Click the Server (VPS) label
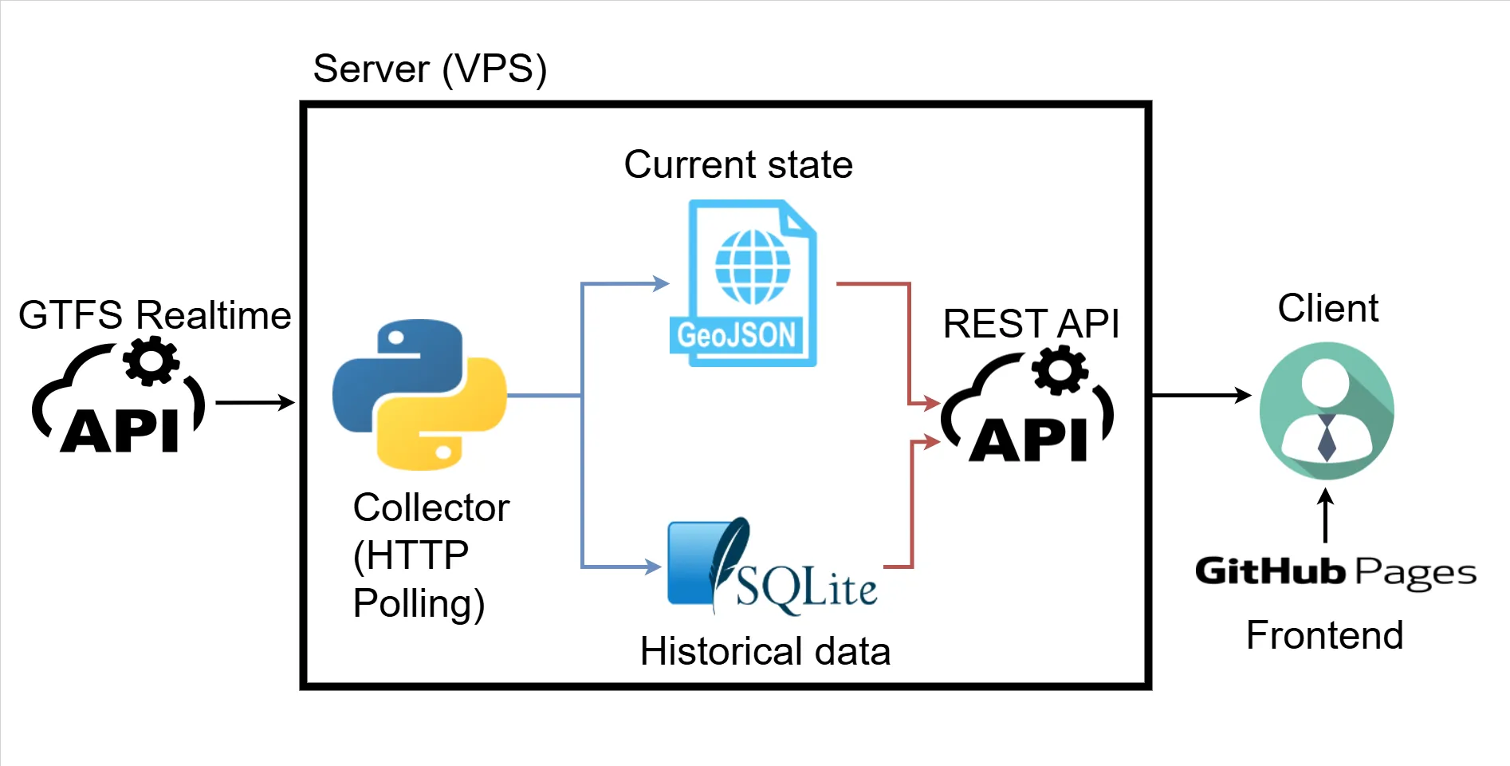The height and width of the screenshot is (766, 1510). pos(430,69)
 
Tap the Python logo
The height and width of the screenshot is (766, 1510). pos(419,394)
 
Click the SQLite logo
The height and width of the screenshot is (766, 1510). pos(772,567)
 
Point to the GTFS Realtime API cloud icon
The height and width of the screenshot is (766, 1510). pos(119,397)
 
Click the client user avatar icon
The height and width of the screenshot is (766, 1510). pos(1326,410)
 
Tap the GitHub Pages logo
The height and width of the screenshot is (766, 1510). pos(1335,572)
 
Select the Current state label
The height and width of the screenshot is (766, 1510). pos(738,164)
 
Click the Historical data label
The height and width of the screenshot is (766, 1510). pos(765,651)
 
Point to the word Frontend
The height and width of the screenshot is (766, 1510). pos(1324,635)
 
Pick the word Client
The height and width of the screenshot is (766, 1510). pos(1327,308)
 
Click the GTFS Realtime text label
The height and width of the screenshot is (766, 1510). pos(155,314)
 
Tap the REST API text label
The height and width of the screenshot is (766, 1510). pos(1031,323)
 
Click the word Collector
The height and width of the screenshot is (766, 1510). pos(431,507)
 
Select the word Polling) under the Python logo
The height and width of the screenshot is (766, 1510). pos(419,603)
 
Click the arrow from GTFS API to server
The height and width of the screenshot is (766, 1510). pos(255,402)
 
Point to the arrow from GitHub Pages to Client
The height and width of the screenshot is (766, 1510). pos(1325,515)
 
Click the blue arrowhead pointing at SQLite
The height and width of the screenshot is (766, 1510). pos(653,567)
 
